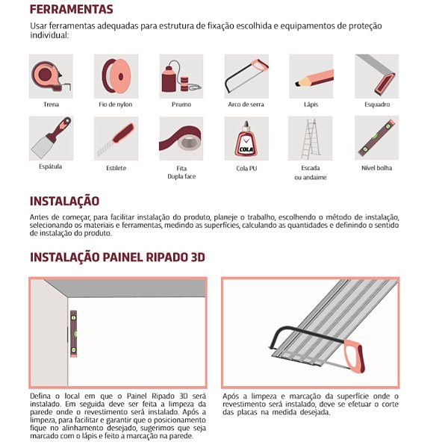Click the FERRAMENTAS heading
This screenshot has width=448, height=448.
pyautogui.click(x=71, y=10)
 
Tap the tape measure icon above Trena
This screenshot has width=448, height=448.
pyautogui.click(x=51, y=76)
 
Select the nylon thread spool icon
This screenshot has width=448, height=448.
pyautogui.click(x=116, y=76)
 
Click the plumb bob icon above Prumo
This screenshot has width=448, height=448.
pyautogui.click(x=181, y=76)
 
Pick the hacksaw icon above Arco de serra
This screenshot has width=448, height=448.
pyautogui.click(x=246, y=76)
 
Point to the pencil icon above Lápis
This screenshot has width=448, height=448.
pyautogui.click(x=311, y=76)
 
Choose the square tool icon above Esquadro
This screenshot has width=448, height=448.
pyautogui.click(x=376, y=76)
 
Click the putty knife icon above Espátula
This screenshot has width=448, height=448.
pyautogui.click(x=51, y=138)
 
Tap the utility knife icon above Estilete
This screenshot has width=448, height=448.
pyautogui.click(x=116, y=138)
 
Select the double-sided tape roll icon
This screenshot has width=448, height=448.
pyautogui.click(x=181, y=138)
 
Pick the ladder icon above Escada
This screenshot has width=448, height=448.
pyautogui.click(x=311, y=138)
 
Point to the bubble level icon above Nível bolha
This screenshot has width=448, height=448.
pyautogui.click(x=376, y=138)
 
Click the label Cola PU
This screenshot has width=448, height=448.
pyautogui.click(x=246, y=168)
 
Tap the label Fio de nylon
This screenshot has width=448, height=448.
pyautogui.click(x=116, y=105)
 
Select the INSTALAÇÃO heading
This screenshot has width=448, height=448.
pyautogui.click(x=64, y=201)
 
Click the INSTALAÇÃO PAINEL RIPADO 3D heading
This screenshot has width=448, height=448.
pyautogui.click(x=117, y=258)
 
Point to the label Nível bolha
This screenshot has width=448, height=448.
pyautogui.click(x=376, y=168)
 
